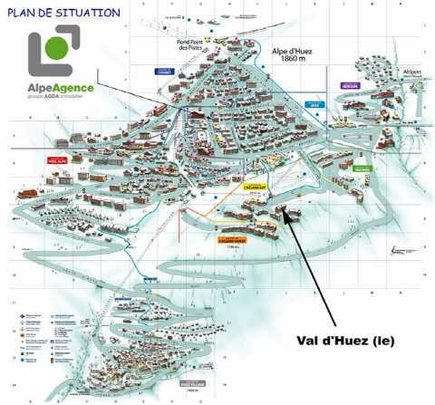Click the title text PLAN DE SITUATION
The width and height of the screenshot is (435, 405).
coord(63,13)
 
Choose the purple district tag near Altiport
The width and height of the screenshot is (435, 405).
coord(350,86)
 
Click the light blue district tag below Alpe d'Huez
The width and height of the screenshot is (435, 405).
coord(314,105)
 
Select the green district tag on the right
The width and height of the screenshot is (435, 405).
coord(362,169)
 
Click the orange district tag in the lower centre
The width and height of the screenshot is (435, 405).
coord(230,241)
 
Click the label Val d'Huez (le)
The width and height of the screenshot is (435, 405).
coord(345,341)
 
